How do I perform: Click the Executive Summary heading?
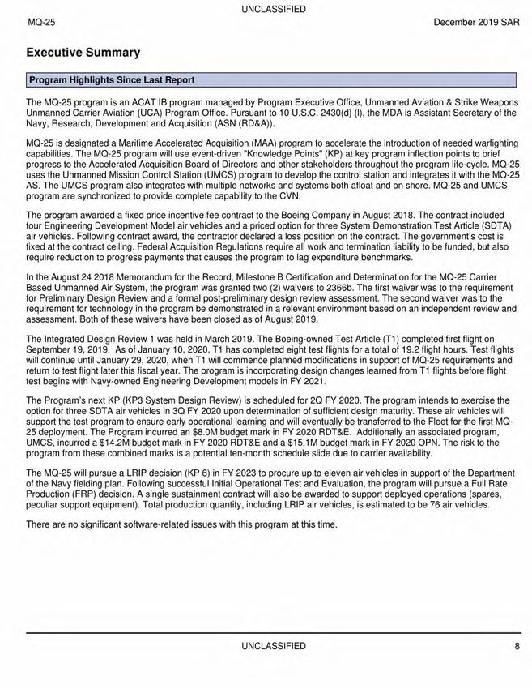(x=83, y=53)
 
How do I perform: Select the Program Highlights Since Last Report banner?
(x=111, y=79)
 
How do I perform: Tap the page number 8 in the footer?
(x=517, y=646)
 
